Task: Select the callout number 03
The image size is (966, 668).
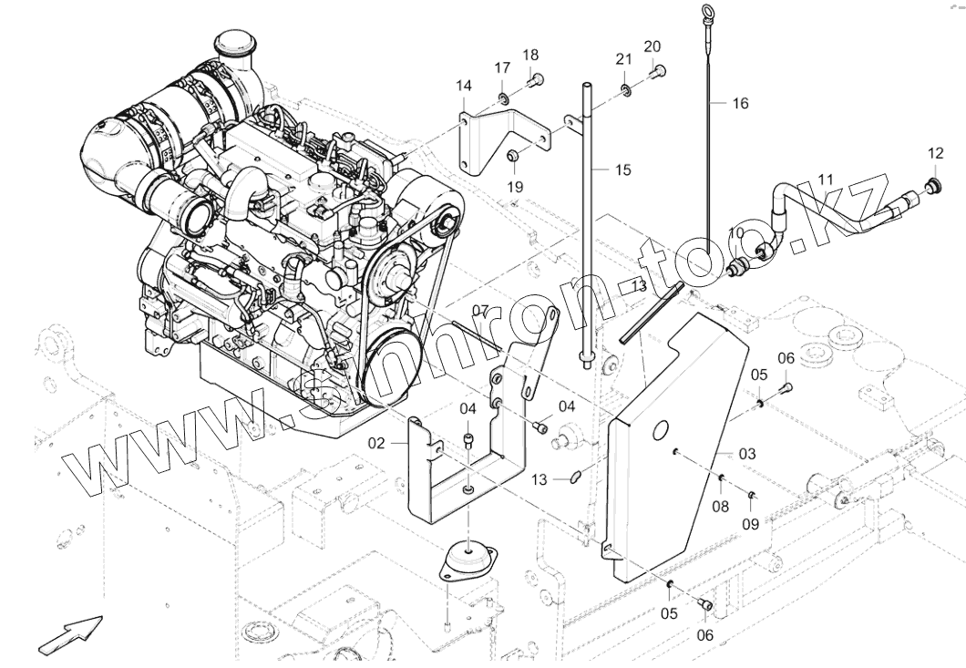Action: [746, 453]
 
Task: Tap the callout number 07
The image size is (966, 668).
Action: [481, 311]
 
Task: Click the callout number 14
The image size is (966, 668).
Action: [464, 86]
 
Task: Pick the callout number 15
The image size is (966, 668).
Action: [622, 170]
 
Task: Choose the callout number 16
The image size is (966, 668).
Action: [739, 104]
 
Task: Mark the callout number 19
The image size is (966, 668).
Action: [515, 186]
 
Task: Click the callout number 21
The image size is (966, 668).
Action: [623, 59]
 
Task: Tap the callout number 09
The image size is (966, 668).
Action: [750, 523]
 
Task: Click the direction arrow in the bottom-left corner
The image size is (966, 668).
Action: [71, 632]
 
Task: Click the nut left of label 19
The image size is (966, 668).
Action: [513, 157]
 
